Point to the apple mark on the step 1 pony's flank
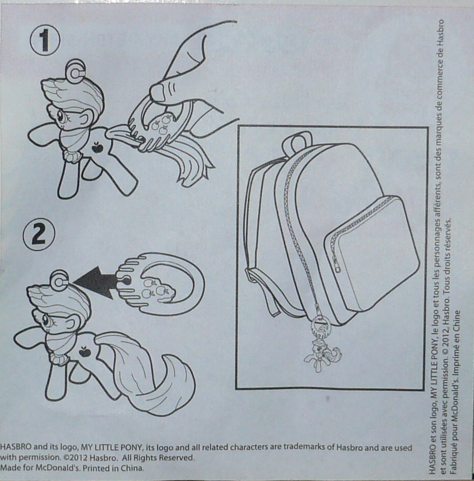(97, 147)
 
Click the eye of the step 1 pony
(61, 116)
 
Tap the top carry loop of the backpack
(297, 141)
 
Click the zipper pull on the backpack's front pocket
(337, 265)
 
